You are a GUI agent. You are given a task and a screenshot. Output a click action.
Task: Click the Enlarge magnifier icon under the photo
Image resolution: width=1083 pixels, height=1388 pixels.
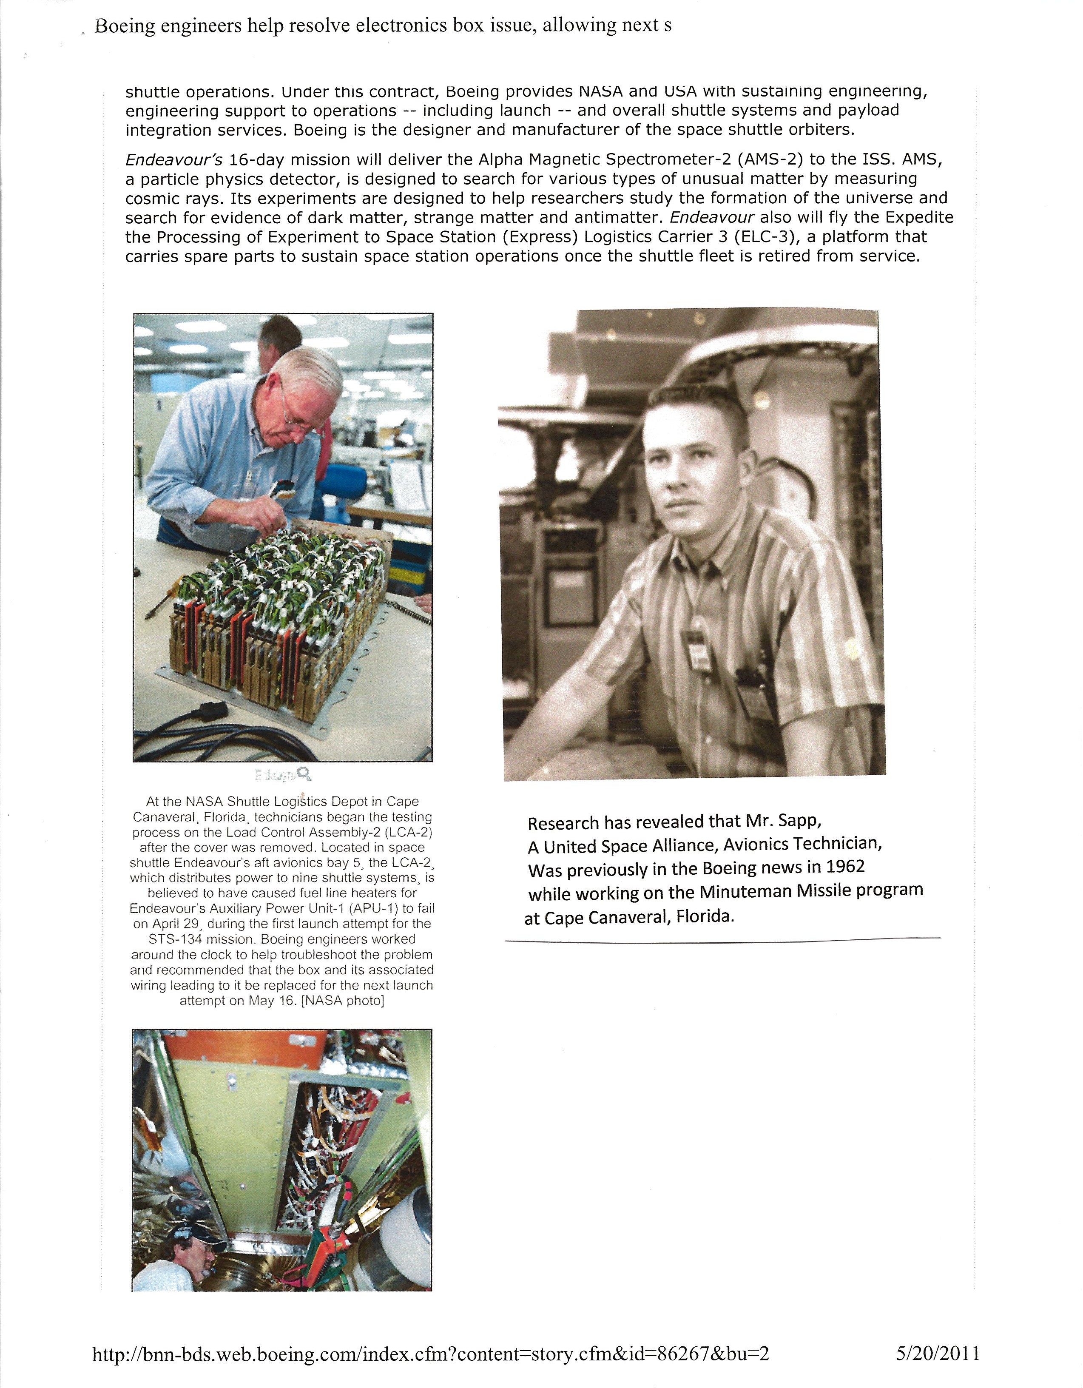tap(304, 774)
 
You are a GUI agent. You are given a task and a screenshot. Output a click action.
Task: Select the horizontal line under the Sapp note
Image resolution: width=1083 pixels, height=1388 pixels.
tap(722, 939)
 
